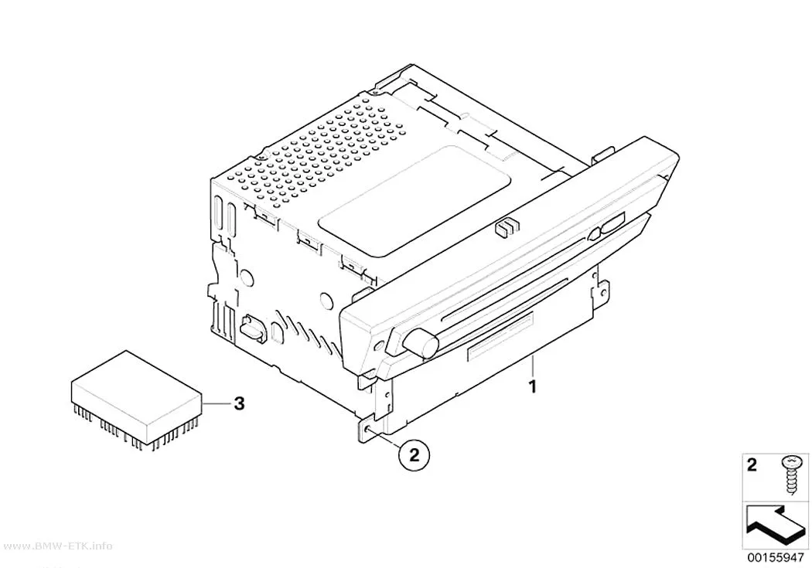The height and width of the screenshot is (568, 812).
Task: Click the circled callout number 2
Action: point(414,454)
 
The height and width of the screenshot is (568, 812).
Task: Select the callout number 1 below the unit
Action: point(532,386)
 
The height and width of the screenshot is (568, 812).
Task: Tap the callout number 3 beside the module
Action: point(239,403)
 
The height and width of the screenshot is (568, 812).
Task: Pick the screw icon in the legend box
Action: point(791,474)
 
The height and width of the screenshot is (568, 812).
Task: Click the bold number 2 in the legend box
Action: point(752,464)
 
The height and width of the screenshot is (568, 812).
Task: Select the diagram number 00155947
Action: point(775,558)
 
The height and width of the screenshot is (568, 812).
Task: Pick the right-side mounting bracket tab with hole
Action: point(602,292)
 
